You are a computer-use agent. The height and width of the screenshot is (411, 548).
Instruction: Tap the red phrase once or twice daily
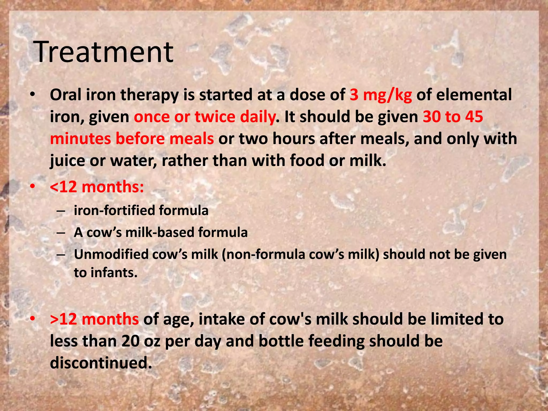[204, 117]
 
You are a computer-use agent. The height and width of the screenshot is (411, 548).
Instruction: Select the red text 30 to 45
[453, 117]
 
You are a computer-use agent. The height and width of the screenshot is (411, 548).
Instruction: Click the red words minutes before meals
[132, 139]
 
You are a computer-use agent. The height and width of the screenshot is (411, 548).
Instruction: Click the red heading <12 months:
[97, 187]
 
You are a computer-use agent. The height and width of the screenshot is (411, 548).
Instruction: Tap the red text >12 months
[94, 319]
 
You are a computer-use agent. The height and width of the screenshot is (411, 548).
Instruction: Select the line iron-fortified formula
[141, 210]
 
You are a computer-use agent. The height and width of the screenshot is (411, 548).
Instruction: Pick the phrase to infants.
[106, 273]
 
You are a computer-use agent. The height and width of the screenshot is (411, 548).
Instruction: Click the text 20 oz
[141, 341]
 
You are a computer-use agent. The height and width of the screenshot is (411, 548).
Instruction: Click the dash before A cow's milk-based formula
[61, 233]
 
